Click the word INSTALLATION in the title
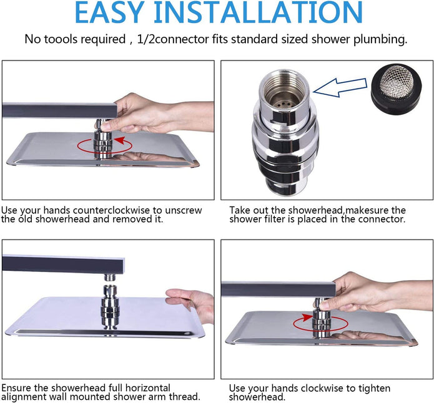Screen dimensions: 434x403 (x=259, y=12)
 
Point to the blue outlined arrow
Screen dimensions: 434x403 (x=340, y=87)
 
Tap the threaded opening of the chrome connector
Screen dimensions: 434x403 (x=284, y=89)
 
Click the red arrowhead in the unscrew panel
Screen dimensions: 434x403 (x=120, y=140)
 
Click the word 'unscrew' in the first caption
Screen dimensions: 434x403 (x=184, y=211)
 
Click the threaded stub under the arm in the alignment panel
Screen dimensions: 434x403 (x=110, y=277)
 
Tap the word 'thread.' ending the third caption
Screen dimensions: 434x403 (x=185, y=397)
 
